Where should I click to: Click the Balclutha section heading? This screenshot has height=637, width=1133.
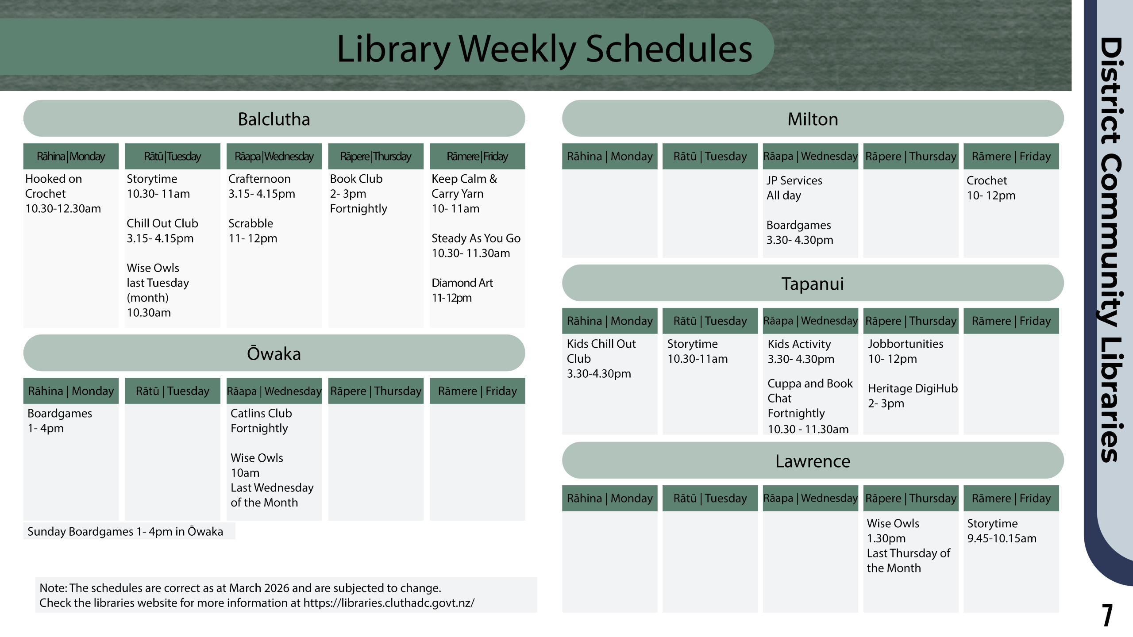coord(274,119)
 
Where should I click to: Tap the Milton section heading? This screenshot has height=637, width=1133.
coord(813,119)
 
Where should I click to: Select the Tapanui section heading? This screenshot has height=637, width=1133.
coord(813,284)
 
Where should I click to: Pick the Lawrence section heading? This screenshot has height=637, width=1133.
coord(813,461)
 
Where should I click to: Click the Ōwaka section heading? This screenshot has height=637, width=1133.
coord(274,353)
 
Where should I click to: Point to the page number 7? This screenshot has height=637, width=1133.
coord(1107,615)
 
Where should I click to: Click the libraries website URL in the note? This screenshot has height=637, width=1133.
coord(389,603)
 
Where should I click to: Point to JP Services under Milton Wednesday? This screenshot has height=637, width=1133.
coord(794,180)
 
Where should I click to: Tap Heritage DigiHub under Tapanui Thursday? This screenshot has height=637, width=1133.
coord(913,388)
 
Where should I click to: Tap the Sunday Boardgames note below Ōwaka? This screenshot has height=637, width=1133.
coord(125,531)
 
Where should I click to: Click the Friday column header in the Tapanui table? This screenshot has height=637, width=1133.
coord(1011,321)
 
